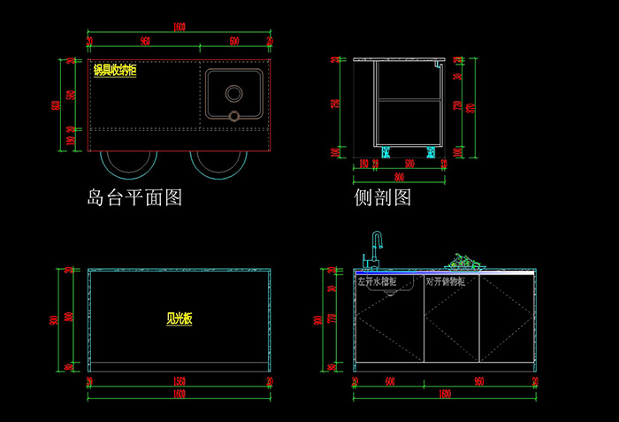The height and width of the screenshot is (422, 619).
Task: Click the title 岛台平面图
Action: (x=134, y=197)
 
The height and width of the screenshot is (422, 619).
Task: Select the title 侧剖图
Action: (x=383, y=197)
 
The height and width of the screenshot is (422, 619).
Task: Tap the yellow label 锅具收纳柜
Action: (x=115, y=71)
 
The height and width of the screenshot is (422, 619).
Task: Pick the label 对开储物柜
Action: (x=452, y=281)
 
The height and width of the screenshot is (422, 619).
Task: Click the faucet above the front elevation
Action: (x=375, y=249)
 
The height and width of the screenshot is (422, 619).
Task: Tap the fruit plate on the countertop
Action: (x=465, y=262)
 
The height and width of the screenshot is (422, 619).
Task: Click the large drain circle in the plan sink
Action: (x=234, y=92)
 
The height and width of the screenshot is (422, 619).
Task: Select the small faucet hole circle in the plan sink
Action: (x=234, y=115)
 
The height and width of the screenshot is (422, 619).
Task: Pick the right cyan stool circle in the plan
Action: (x=218, y=163)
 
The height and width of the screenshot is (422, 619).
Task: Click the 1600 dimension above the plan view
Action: (x=180, y=27)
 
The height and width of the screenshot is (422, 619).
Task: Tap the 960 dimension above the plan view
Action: (x=144, y=42)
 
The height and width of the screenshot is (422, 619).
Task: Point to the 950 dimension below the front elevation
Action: (x=479, y=381)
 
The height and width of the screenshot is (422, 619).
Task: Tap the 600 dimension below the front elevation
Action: (x=389, y=381)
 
